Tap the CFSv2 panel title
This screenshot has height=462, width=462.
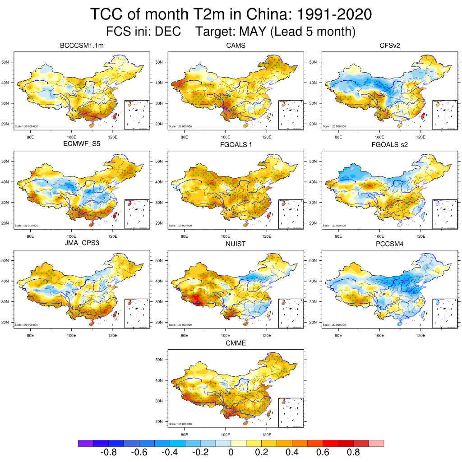[390, 46]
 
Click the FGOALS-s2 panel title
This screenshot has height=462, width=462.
[390, 145]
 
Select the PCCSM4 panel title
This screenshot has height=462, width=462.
[390, 244]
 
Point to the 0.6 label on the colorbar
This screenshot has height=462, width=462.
[323, 453]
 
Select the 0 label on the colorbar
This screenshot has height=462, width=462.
[231, 453]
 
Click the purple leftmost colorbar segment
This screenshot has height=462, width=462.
[85, 444]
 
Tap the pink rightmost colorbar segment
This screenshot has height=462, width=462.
[376, 444]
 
